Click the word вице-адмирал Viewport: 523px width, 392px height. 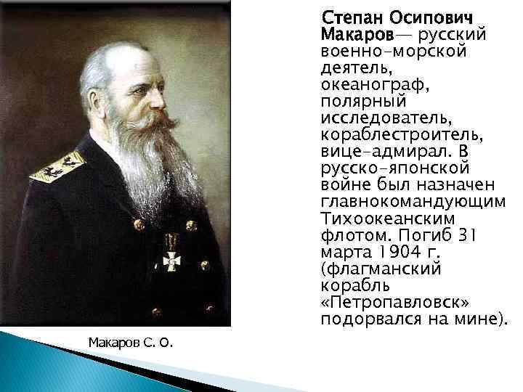tap(374, 152)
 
